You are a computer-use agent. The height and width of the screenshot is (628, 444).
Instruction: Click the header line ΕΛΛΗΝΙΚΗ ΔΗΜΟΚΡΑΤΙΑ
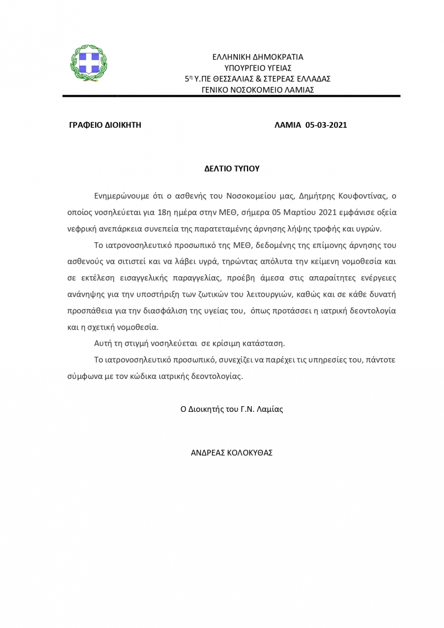coord(258,57)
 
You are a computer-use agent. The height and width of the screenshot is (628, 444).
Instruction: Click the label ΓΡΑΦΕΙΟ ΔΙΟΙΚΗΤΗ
coord(105,125)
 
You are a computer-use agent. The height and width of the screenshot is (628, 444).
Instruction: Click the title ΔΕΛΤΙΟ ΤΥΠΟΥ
coord(232,169)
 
